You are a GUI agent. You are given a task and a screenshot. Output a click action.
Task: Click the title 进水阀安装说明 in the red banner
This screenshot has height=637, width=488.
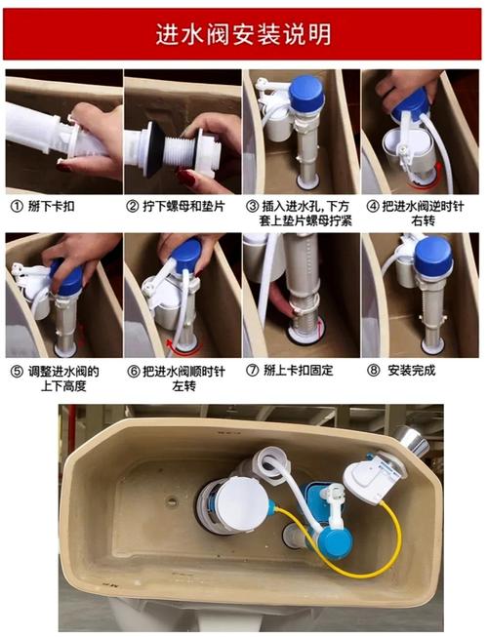244,34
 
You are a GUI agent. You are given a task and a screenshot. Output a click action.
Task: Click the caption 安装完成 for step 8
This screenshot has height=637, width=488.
411,371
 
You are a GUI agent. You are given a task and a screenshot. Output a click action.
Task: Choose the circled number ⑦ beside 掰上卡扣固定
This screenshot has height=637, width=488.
253,371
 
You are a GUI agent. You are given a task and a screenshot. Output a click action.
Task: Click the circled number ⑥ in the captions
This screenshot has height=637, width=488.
134,371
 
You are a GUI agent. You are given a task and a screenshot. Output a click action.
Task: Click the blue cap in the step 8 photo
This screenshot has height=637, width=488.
431,256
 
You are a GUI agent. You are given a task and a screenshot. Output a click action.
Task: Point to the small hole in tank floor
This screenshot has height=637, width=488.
172,502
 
